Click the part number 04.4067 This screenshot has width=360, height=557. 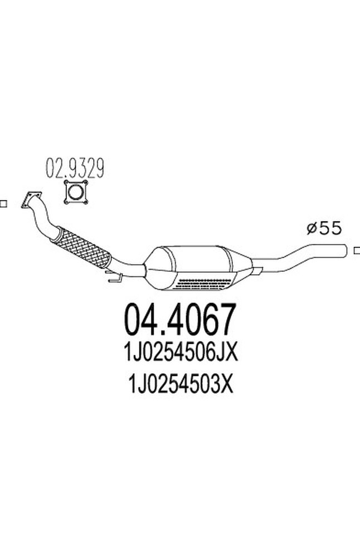pos(179,320)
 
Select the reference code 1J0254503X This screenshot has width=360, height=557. pos(180,384)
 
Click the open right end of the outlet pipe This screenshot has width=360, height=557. pos(344,250)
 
